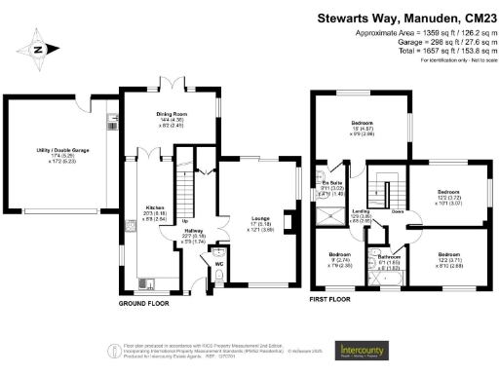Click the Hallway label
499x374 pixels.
pyautogui.click(x=195, y=231)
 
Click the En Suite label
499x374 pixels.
pyautogui.click(x=330, y=182)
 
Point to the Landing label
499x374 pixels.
pyautogui.click(x=360, y=211)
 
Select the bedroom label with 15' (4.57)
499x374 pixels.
pyautogui.click(x=363, y=122)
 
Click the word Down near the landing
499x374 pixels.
pyautogui.click(x=398, y=210)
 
